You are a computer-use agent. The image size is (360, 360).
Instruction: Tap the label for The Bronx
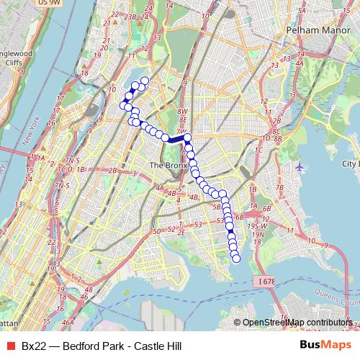(168, 166)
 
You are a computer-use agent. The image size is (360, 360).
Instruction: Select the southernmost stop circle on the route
(236, 258)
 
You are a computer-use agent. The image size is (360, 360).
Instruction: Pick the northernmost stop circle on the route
(144, 81)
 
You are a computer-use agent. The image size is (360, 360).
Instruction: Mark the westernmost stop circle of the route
(123, 106)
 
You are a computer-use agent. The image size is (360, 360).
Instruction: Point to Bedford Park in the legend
(94, 346)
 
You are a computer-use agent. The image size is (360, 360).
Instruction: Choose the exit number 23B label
(130, 17)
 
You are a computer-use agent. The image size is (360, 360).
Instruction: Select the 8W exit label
(184, 112)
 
